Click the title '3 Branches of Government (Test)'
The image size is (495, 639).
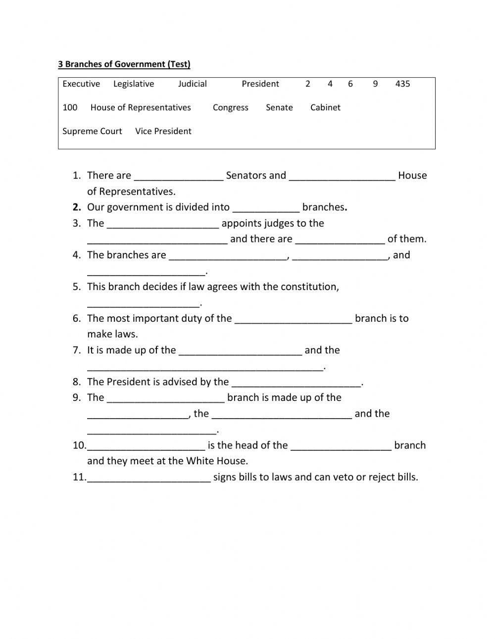(x=124, y=64)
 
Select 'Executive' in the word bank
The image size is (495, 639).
(x=81, y=84)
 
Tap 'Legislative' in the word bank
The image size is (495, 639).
(x=134, y=84)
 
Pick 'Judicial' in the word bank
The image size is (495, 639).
(x=193, y=84)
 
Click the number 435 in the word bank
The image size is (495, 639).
(x=402, y=84)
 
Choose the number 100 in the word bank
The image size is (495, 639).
(x=70, y=107)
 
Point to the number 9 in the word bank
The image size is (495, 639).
(x=375, y=84)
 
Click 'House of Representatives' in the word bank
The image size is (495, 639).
(x=141, y=107)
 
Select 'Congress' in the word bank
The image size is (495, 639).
(x=231, y=107)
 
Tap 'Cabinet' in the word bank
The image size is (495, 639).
(x=325, y=107)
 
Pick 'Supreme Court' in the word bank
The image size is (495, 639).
(x=92, y=131)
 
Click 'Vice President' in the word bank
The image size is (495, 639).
(x=163, y=131)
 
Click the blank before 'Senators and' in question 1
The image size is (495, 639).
(x=179, y=176)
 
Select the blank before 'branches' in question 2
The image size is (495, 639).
(x=266, y=208)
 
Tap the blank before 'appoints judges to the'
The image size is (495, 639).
(x=162, y=224)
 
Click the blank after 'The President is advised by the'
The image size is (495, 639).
(x=297, y=383)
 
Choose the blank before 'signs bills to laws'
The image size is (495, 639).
(x=148, y=478)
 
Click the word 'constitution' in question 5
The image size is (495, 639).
(x=309, y=287)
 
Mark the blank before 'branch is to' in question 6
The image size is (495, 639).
(x=293, y=319)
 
